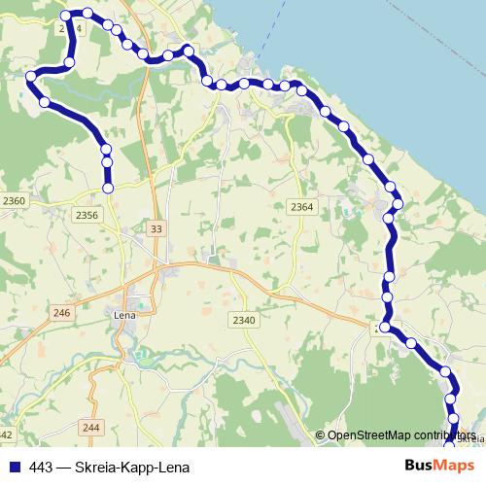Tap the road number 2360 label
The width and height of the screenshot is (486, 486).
pyautogui.click(x=16, y=200)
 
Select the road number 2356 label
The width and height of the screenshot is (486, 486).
pyautogui.click(x=87, y=215)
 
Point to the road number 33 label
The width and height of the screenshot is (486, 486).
pyautogui.click(x=156, y=227)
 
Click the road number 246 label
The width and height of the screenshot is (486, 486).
pyautogui.click(x=62, y=312)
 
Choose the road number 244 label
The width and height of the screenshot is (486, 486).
pyautogui.click(x=92, y=427)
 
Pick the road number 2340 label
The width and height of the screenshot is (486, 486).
pyautogui.click(x=243, y=321)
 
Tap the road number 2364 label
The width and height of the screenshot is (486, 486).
pyautogui.click(x=301, y=207)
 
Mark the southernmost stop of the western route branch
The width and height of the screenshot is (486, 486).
pyautogui.click(x=108, y=188)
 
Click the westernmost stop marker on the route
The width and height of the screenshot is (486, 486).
pyautogui.click(x=31, y=76)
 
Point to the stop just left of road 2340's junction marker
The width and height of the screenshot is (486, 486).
pyautogui.click(x=386, y=329)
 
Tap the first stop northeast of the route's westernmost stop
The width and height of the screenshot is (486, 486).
pyautogui.click(x=68, y=62)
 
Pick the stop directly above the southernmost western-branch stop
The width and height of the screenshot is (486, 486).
pyautogui.click(x=107, y=161)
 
